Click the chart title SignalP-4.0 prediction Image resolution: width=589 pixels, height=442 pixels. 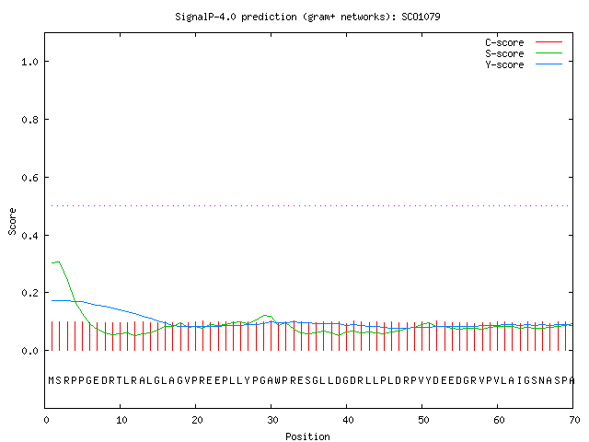pos(236,17)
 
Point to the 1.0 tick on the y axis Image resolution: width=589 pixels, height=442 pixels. pos(29,62)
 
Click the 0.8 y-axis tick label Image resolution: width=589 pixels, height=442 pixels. pos(29,120)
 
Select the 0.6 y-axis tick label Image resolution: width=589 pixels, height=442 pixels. pos(29,178)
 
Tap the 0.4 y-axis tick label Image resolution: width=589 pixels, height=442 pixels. pos(29,236)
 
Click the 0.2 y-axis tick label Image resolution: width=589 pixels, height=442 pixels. pos(29,293)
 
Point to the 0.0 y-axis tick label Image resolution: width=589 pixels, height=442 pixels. pos(29,351)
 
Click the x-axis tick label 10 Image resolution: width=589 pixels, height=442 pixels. pos(121,420)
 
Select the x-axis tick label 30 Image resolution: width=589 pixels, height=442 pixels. pos(272,420)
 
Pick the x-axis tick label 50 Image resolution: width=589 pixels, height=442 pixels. pos(423,420)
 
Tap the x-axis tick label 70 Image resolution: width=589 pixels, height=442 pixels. pos(574,420)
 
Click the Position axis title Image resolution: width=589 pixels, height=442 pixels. pos(307,436)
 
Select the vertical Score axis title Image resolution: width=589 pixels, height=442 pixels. pos(12,221)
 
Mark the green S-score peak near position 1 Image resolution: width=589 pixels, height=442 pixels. pos(57,262)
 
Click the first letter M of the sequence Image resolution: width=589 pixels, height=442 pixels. pos(52,380)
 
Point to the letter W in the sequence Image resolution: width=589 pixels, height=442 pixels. pos(277,380)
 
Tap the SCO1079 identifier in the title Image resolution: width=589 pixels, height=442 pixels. pos(421,17)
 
